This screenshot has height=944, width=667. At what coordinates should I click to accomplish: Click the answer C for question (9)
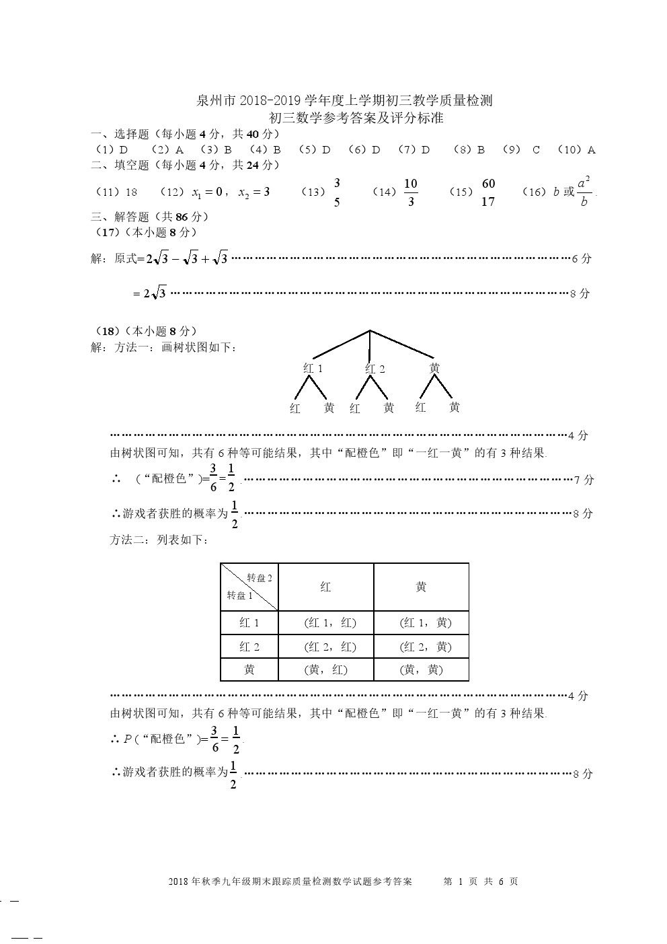pyautogui.click(x=536, y=149)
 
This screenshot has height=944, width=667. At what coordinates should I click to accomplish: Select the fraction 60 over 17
pyautogui.click(x=488, y=192)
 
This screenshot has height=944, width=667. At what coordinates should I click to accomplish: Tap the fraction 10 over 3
pyautogui.click(x=411, y=192)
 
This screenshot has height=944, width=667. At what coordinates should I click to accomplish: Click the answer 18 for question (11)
pyautogui.click(x=131, y=192)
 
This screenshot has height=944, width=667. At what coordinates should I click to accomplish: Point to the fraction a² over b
pyautogui.click(x=584, y=192)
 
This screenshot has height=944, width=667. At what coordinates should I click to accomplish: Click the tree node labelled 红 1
pyautogui.click(x=313, y=368)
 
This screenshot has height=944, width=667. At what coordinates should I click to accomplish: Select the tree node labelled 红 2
pyautogui.click(x=375, y=368)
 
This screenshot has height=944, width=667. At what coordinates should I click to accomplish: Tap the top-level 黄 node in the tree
pyautogui.click(x=434, y=368)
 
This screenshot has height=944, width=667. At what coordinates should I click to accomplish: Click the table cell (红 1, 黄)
pyautogui.click(x=421, y=622)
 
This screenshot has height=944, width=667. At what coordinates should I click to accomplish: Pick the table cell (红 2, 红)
pyautogui.click(x=326, y=647)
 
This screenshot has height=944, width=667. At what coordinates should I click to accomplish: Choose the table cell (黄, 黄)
pyautogui.click(x=421, y=669)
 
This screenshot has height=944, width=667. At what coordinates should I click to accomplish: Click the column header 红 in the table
pyautogui.click(x=326, y=587)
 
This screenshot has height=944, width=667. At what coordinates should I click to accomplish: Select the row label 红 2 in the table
pyautogui.click(x=249, y=647)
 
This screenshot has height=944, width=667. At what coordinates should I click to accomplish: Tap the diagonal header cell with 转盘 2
pyautogui.click(x=249, y=587)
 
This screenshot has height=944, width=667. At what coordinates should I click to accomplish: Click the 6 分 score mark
pyautogui.click(x=581, y=258)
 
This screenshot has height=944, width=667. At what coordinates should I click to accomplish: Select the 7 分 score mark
pyautogui.click(x=584, y=480)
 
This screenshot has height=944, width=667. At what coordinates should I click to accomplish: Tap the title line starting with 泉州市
pyautogui.click(x=344, y=101)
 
